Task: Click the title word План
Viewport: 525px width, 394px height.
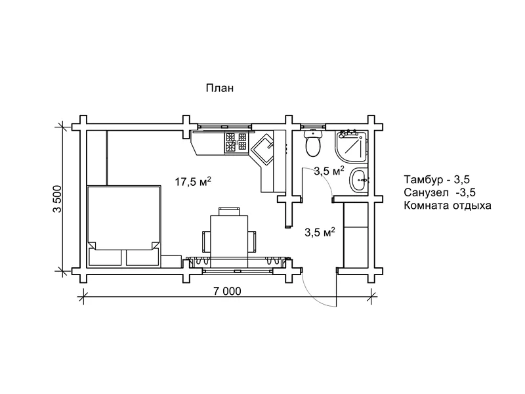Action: pyautogui.click(x=220, y=88)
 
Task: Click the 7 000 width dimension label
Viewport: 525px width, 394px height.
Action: pyautogui.click(x=227, y=291)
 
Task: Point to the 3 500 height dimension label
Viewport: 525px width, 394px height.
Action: pyautogui.click(x=57, y=199)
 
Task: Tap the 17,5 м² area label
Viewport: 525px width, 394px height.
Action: pyautogui.click(x=193, y=181)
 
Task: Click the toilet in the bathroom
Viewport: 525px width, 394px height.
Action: pyautogui.click(x=313, y=143)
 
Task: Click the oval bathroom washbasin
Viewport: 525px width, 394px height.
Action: pyautogui.click(x=358, y=180)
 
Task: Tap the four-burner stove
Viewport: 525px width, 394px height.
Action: pyautogui.click(x=236, y=142)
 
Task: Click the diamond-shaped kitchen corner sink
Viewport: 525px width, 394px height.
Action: pyautogui.click(x=262, y=150)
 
